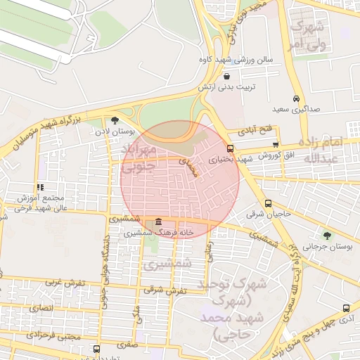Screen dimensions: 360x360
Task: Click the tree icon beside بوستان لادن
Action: coord(115,120)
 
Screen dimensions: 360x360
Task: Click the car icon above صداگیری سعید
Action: coord(297,99)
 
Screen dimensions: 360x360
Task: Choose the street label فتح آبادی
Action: coord(255,131)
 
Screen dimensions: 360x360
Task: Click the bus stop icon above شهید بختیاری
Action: coord(230,148)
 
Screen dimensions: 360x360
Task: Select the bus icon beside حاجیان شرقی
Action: coord(267,202)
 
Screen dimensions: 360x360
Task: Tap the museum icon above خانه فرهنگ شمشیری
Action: coord(157,221)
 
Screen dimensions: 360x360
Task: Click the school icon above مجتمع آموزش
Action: coord(40,187)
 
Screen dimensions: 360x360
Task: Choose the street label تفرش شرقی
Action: coord(167,290)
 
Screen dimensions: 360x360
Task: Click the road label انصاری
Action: coord(41,307)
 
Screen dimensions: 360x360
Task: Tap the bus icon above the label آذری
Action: coord(345,308)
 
